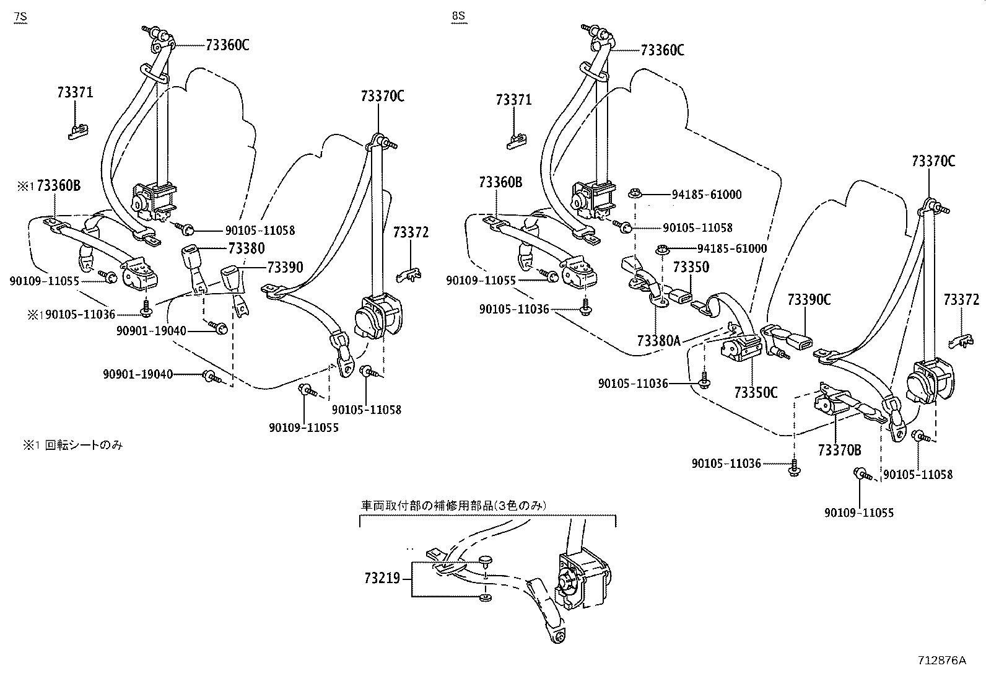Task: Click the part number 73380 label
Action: [x=246, y=248]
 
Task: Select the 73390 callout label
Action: [x=285, y=267]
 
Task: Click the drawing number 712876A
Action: [x=942, y=661]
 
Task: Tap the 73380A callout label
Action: [x=658, y=340]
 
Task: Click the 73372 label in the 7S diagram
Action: [x=410, y=232]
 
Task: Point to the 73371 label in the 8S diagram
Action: [x=513, y=99]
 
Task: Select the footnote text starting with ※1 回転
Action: [x=69, y=445]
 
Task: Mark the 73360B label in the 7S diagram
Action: [x=58, y=185]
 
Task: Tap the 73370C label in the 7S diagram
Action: [x=382, y=96]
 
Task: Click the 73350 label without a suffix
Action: [x=691, y=267]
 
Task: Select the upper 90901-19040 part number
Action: [x=151, y=331]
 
